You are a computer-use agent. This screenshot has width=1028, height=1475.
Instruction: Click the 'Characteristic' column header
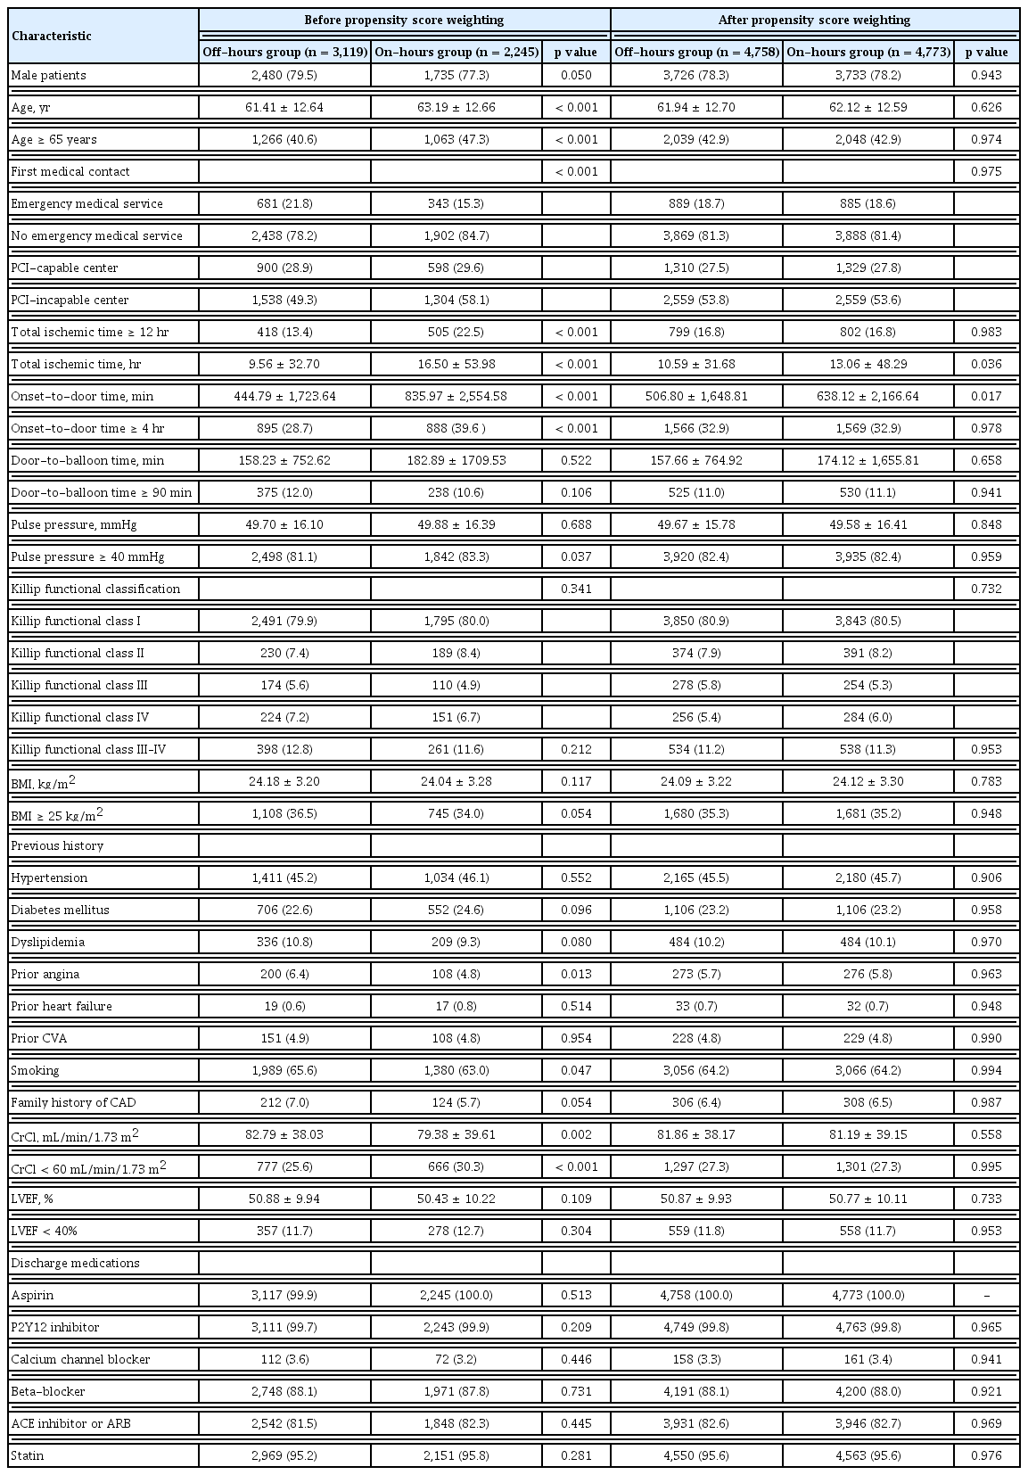coord(51,37)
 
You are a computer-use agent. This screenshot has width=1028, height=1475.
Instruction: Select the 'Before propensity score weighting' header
coord(404,20)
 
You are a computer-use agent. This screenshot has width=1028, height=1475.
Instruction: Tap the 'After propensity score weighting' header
coord(816,20)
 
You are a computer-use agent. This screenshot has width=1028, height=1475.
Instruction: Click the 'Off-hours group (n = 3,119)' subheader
coord(284,52)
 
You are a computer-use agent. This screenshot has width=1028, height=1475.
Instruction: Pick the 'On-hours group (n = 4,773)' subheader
coord(868,52)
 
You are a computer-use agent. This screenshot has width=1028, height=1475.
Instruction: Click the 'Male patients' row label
coord(49,76)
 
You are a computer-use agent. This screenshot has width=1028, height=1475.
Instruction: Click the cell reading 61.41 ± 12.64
coord(284,108)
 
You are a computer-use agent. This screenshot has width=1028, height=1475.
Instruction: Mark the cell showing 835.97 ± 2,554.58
coord(456,397)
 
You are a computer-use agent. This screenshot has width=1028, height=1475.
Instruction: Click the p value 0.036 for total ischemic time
coord(986,365)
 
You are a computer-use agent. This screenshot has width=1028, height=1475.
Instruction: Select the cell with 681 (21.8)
coord(284,204)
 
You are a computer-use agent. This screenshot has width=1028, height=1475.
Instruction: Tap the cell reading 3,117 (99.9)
coord(284,1296)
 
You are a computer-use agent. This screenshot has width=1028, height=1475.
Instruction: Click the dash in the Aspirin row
coord(986,1296)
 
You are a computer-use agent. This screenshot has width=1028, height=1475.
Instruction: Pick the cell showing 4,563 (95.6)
coord(868,1456)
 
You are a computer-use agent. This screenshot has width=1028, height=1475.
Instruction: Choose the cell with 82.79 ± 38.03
coord(284,1135)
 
